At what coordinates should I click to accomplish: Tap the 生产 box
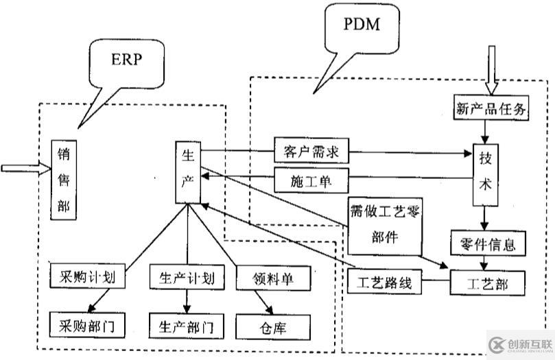[187, 172]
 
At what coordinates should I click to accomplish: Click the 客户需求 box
[311, 149]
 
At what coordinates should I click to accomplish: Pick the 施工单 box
[311, 181]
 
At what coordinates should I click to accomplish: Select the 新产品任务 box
[491, 107]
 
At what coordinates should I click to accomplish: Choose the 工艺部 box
[488, 282]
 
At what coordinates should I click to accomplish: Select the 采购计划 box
[88, 278]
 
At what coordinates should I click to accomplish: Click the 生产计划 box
[187, 278]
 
